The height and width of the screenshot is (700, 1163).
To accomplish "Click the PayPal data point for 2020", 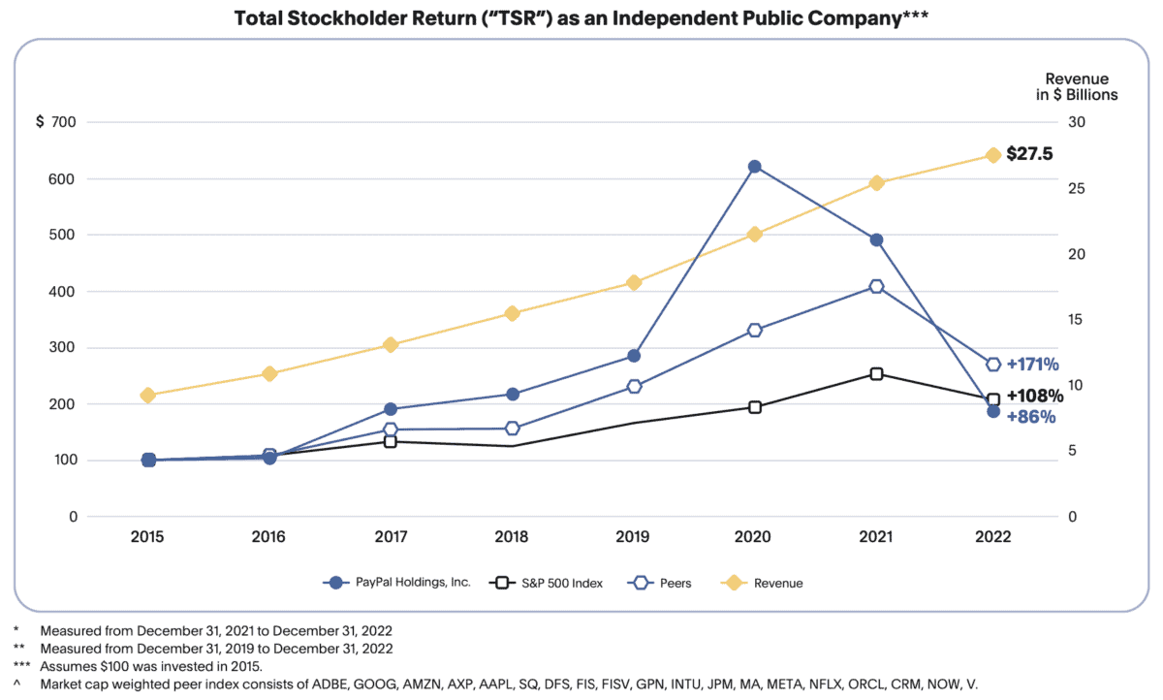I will pyautogui.click(x=754, y=167).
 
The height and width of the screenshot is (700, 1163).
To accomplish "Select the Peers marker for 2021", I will pyautogui.click(x=876, y=286).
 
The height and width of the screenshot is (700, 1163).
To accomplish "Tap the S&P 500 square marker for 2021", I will pyautogui.click(x=876, y=373).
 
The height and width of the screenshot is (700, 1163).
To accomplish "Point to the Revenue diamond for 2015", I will pyautogui.click(x=148, y=395).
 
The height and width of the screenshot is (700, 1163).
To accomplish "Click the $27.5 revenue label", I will pyautogui.click(x=1028, y=154).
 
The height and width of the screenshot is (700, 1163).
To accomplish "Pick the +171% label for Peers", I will pyautogui.click(x=1032, y=365).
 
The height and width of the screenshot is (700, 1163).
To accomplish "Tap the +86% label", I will pyautogui.click(x=1030, y=417).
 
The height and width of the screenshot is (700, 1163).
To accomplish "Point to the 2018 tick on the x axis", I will pyautogui.click(x=513, y=537).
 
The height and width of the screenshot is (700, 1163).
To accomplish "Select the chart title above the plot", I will pyautogui.click(x=582, y=18).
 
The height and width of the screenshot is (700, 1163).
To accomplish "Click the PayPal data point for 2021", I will pyautogui.click(x=876, y=239).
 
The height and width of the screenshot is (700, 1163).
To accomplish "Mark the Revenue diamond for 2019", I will pyautogui.click(x=634, y=282).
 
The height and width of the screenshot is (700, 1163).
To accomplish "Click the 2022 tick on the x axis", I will pyautogui.click(x=993, y=537).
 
